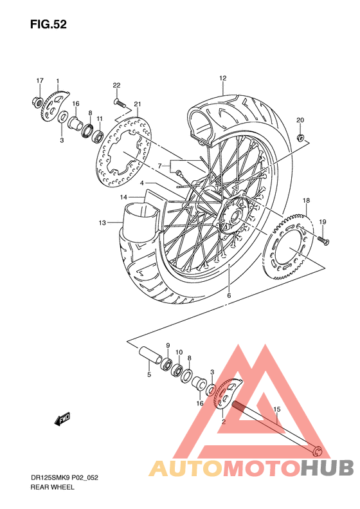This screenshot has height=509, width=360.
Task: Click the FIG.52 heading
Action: (x=48, y=24)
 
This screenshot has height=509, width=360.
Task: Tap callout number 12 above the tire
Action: (x=222, y=79)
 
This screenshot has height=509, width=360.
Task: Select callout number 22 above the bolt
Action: (x=116, y=86)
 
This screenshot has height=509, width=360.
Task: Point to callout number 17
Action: (x=39, y=80)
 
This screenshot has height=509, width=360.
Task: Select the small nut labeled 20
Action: (x=300, y=137)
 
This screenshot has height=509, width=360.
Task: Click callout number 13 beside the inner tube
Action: (x=102, y=223)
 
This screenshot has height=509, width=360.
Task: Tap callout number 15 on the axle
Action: (x=277, y=409)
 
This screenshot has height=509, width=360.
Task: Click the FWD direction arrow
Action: (x=62, y=420)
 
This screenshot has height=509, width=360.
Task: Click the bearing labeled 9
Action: (x=166, y=364)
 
